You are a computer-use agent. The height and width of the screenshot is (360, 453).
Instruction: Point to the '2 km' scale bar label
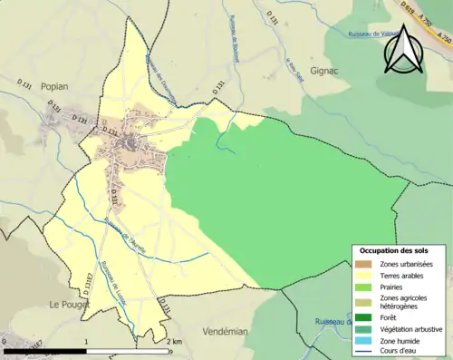[x=174, y=342]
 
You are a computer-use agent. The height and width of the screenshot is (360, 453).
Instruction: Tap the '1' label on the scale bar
[x=86, y=342]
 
